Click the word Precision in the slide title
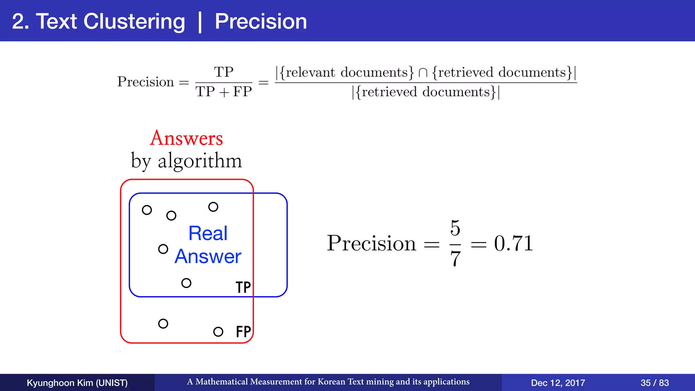click(x=261, y=21)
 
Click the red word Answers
click(x=186, y=138)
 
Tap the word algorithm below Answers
click(x=200, y=161)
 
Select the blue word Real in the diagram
click(x=208, y=233)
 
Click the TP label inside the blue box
click(x=243, y=287)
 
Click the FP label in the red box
click(x=243, y=332)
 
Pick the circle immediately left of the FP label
click(x=218, y=332)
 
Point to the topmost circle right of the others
click(x=213, y=207)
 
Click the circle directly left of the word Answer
click(x=163, y=249)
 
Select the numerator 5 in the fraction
click(x=455, y=228)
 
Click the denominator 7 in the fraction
click(x=455, y=259)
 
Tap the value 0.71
click(x=513, y=243)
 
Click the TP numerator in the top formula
click(x=224, y=72)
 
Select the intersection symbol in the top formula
click(x=423, y=73)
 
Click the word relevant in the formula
click(x=310, y=72)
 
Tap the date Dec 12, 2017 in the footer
click(x=558, y=383)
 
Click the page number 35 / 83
click(x=654, y=383)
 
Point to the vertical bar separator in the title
click(x=200, y=22)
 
